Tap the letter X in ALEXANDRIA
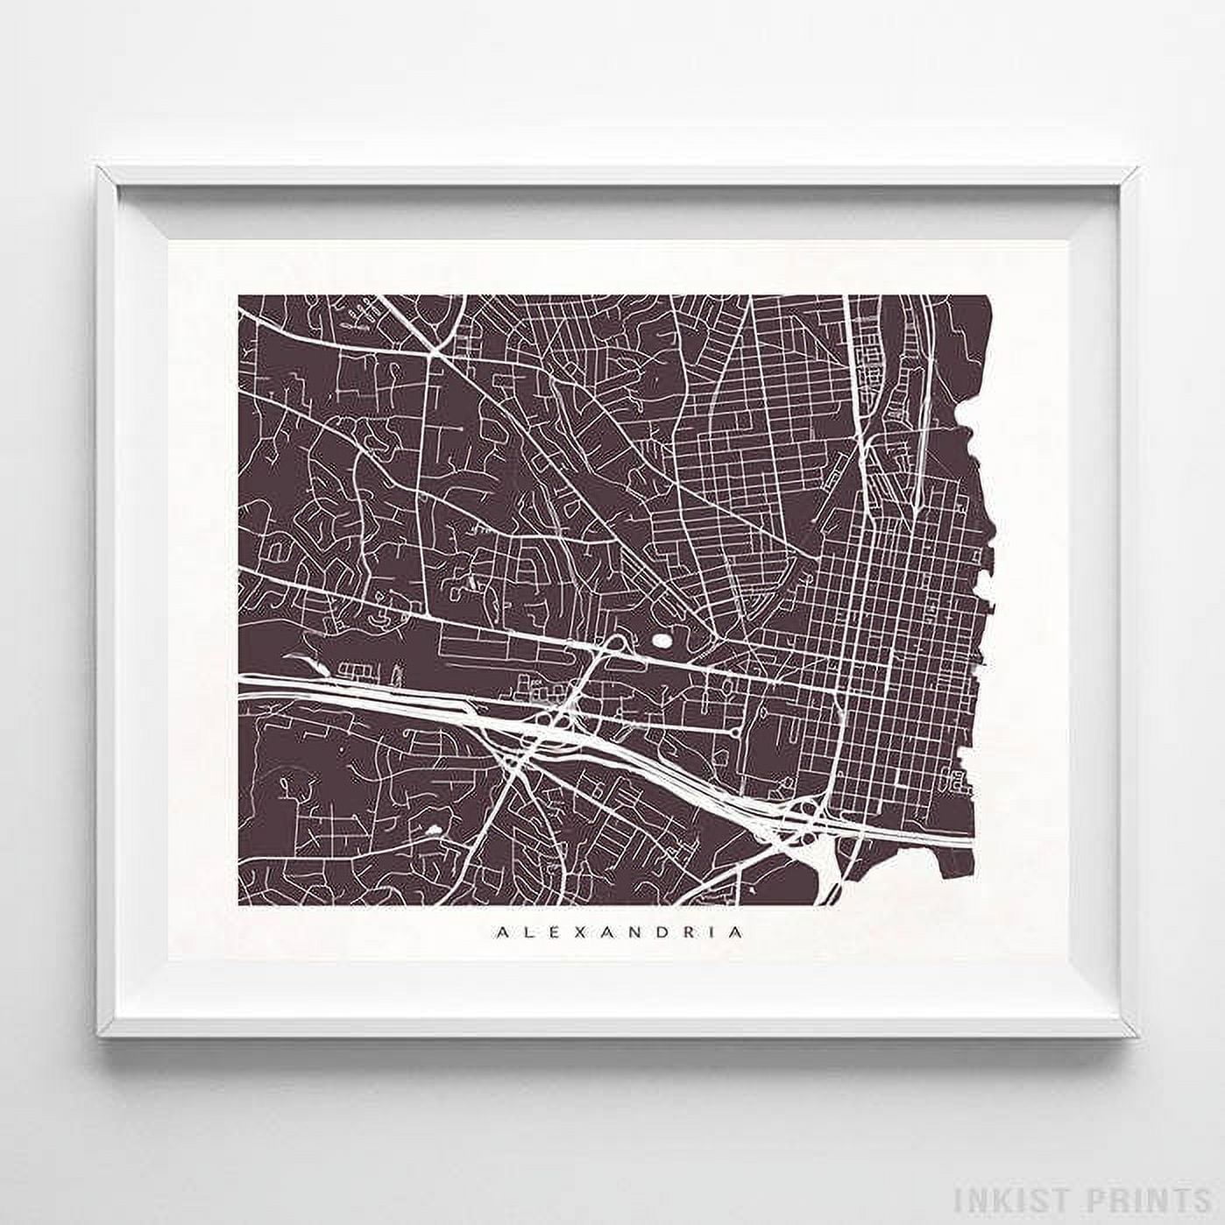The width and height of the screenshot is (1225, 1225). (x=563, y=932)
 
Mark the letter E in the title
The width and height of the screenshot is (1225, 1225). (x=542, y=932)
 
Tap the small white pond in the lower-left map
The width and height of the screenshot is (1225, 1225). (x=432, y=827)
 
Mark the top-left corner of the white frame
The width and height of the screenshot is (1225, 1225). (x=99, y=166)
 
